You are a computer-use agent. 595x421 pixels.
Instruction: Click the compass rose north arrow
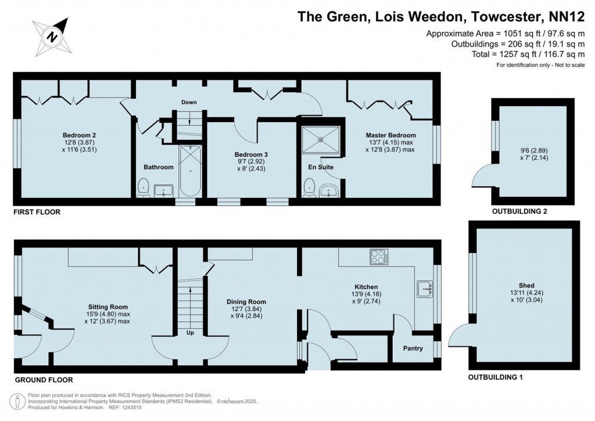pos(53,36)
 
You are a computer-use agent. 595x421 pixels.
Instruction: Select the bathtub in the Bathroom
pos(189,172)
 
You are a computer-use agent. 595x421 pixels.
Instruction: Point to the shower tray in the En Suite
pos(321,139)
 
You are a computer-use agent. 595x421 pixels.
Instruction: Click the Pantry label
pos(414,348)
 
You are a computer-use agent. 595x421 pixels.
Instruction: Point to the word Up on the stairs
pos(189,333)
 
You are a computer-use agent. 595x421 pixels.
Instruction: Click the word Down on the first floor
pos(189,102)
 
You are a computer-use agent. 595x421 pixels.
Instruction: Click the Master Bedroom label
pos(390,135)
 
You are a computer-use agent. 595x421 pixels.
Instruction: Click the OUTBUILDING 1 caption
pos(495,377)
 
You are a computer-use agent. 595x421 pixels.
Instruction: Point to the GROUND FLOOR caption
pos(44,380)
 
